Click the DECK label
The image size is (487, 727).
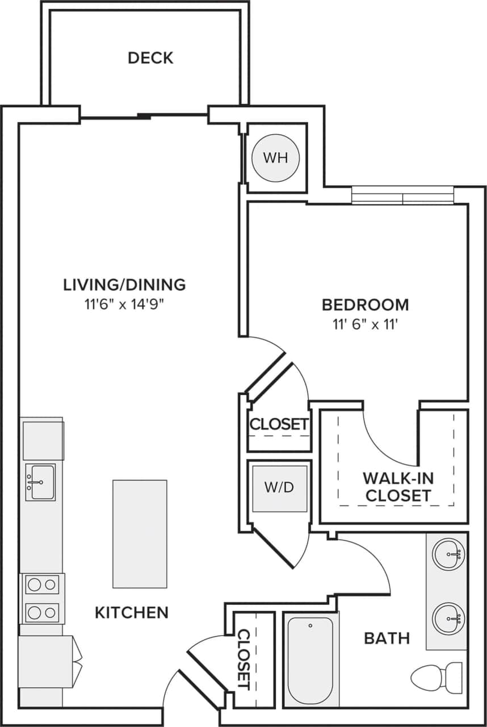tap(150, 58)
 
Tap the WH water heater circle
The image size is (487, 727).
tap(275, 157)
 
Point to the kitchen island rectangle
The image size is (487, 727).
tap(140, 533)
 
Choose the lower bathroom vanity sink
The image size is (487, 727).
tap(449, 618)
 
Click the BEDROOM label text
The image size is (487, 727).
tap(365, 304)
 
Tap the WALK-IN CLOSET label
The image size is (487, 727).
tap(398, 486)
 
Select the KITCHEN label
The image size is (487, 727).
tap(131, 612)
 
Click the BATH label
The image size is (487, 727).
tap(387, 638)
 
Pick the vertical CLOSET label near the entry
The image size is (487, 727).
tap(244, 659)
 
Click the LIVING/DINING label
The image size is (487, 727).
tap(124, 284)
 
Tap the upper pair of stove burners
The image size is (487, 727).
tap(43, 584)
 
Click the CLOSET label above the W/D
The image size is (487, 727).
tap(279, 424)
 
